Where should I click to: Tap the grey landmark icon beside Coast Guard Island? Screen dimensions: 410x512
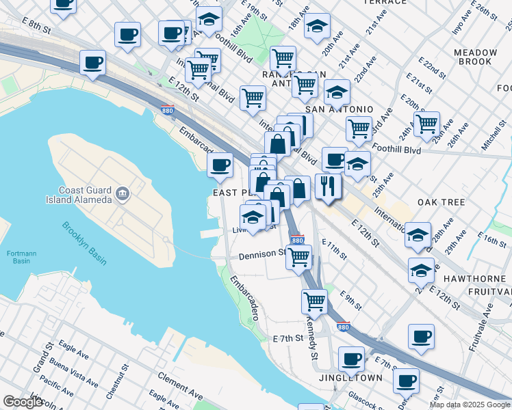coord(123,194)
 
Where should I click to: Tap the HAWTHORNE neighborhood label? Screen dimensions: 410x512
coord(474,279)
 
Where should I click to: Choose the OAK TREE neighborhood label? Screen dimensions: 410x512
coord(441,202)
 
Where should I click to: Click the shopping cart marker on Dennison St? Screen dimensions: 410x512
coord(298,258)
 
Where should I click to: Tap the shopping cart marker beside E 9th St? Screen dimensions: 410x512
coord(314,300)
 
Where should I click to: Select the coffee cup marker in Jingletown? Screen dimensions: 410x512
coord(352,359)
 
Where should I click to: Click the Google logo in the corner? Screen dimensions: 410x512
coord(23,402)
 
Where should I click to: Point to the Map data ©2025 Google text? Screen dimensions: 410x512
coord(470,405)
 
